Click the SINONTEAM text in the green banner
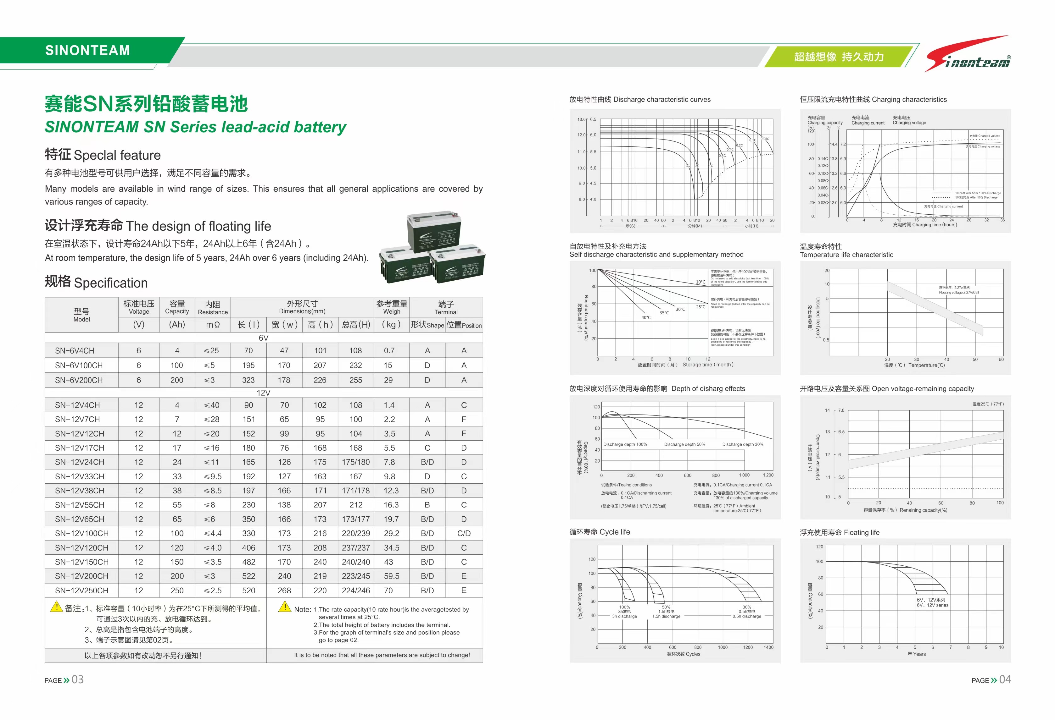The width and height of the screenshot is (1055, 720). pos(88,50)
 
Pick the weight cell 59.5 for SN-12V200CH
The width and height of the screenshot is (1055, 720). pos(391,576)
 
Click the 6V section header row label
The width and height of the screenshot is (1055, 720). pos(263,338)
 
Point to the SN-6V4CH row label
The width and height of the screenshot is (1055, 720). pos(75,351)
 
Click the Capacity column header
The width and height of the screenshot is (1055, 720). pos(177,307)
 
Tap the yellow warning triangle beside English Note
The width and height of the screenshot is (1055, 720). pos(285,607)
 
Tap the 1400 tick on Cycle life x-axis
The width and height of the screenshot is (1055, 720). pos(768,647)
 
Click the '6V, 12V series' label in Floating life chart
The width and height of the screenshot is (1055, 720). pos(932,602)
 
